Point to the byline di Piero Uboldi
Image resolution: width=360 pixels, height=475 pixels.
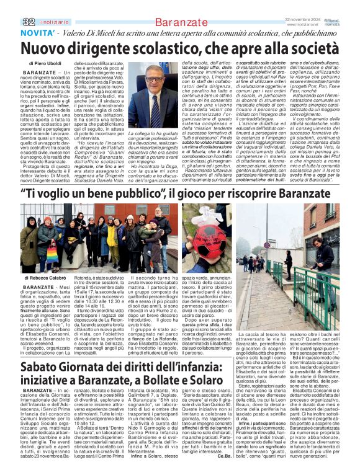[x=45, y=64]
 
